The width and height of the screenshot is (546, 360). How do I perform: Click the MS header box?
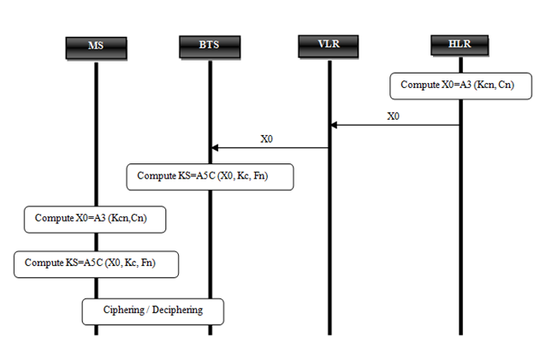[x=96, y=46]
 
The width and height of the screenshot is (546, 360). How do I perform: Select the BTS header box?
[x=211, y=44]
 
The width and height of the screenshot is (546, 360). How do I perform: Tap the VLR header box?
[x=329, y=44]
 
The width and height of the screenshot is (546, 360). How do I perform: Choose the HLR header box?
[x=460, y=43]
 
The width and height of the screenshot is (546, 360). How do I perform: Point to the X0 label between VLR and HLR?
[x=393, y=115]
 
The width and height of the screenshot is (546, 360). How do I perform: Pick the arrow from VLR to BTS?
[x=270, y=148]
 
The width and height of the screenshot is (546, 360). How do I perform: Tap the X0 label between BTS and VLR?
[x=267, y=138]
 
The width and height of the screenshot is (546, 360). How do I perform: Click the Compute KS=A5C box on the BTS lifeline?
[x=210, y=177]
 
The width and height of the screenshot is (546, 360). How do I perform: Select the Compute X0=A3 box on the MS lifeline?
[x=95, y=219]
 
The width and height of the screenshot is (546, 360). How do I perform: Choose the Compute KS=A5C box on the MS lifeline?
[x=97, y=263]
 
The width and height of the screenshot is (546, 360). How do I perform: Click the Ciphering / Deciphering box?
[x=153, y=310]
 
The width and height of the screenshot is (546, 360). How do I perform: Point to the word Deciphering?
[x=177, y=310]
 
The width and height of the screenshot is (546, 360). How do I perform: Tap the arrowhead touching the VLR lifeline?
[x=335, y=125]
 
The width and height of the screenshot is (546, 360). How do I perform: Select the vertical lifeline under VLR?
[x=329, y=239]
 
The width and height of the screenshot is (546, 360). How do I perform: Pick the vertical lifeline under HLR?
[x=460, y=214]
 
